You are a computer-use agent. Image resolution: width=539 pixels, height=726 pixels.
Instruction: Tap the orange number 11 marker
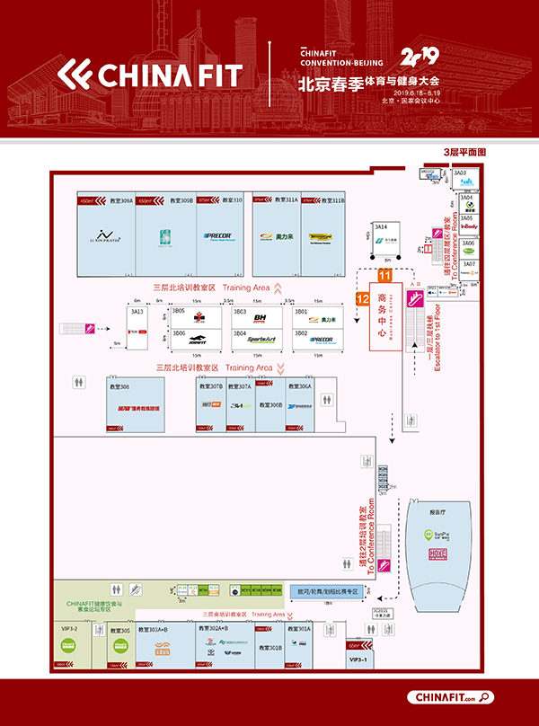pyautogui.click(x=384, y=276)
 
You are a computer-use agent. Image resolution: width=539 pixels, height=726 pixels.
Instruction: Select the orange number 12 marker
pyautogui.click(x=363, y=297)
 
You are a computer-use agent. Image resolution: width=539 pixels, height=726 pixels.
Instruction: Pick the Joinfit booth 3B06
pyautogui.click(x=196, y=340)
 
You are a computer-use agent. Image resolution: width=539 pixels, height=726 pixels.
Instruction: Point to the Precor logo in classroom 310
pyautogui.click(x=219, y=237)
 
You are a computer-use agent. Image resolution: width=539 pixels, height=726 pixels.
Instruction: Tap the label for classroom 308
pyautogui.click(x=119, y=386)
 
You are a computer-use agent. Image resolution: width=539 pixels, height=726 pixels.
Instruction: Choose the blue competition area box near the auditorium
pyautogui.click(x=325, y=592)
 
